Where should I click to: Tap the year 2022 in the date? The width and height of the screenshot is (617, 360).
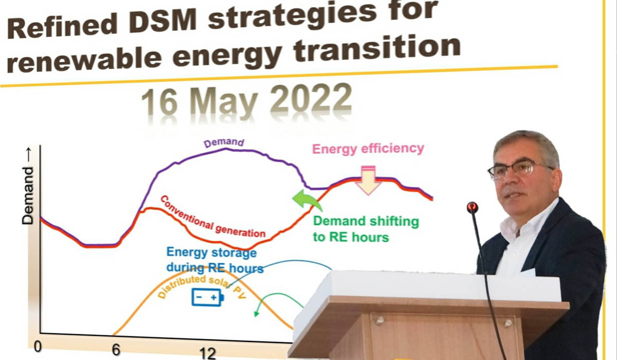(x=311, y=99)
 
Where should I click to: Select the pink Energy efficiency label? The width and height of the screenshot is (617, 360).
(x=369, y=149)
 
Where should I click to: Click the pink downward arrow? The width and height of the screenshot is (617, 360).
(x=368, y=181)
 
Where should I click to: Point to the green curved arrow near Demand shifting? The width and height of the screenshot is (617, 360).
(x=307, y=201)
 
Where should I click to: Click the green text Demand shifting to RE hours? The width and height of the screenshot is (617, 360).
(x=366, y=229)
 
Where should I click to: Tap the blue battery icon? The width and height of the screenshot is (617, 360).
(x=208, y=297)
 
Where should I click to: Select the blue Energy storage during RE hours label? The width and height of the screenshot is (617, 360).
(x=214, y=260)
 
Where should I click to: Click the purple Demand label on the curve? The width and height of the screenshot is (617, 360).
(x=224, y=143)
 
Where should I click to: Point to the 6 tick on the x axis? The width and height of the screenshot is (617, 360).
(x=116, y=350)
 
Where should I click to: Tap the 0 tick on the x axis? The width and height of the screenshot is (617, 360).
(x=38, y=346)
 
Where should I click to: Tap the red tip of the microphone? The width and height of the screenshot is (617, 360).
(x=472, y=207)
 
